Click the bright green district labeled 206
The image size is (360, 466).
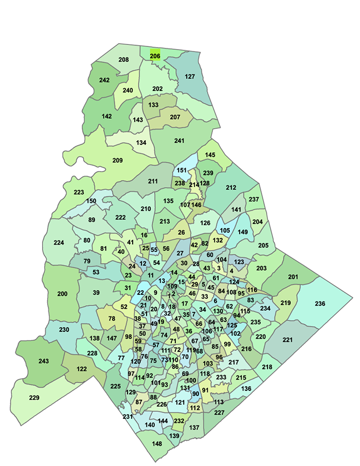[x=155, y=55]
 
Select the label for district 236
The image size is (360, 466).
[x=320, y=304]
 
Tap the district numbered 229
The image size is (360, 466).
[x=34, y=398]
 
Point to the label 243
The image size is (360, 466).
[x=44, y=361]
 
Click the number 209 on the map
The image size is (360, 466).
[x=117, y=161]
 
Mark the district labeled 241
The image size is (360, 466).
[x=179, y=140]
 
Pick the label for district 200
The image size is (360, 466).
[x=62, y=294]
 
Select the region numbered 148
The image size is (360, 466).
[x=157, y=444]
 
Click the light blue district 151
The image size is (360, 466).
[x=182, y=170]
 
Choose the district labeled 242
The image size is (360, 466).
[x=104, y=80]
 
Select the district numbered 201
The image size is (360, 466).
[x=293, y=277]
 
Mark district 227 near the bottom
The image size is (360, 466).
[x=220, y=413]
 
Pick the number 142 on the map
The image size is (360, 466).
[x=106, y=116]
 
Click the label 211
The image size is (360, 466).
[x=153, y=181]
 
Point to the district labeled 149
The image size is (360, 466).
[x=243, y=232]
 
